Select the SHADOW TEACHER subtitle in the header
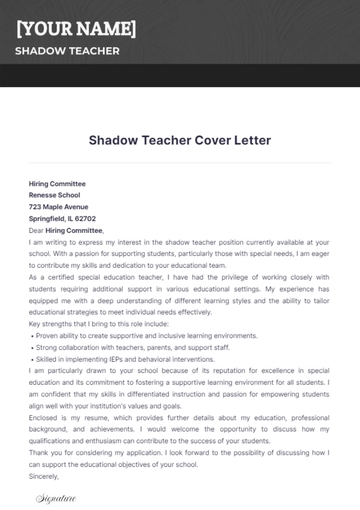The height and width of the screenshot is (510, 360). click(67, 51)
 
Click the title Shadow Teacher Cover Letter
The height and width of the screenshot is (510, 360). click(180, 140)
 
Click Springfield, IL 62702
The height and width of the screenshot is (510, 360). click(62, 218)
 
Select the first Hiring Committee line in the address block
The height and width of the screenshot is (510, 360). click(57, 184)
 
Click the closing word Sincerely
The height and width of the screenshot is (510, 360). click(44, 476)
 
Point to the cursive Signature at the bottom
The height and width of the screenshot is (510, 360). click(56, 497)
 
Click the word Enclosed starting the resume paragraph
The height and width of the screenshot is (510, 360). click(46, 419)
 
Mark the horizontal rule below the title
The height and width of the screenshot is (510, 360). click(180, 162)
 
